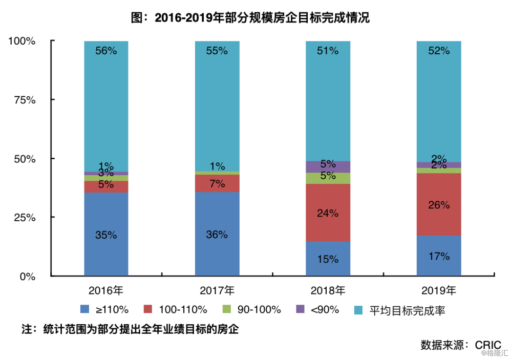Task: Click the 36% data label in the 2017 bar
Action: click(217, 235)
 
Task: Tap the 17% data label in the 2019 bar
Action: click(439, 256)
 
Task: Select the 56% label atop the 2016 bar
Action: click(106, 51)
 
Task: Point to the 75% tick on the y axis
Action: click(24, 100)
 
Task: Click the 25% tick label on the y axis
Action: click(24, 218)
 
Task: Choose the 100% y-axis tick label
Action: click(22, 41)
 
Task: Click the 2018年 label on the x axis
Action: click(328, 291)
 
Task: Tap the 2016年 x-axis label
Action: click(106, 291)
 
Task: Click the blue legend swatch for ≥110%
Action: click(85, 309)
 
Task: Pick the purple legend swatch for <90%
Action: click(301, 309)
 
